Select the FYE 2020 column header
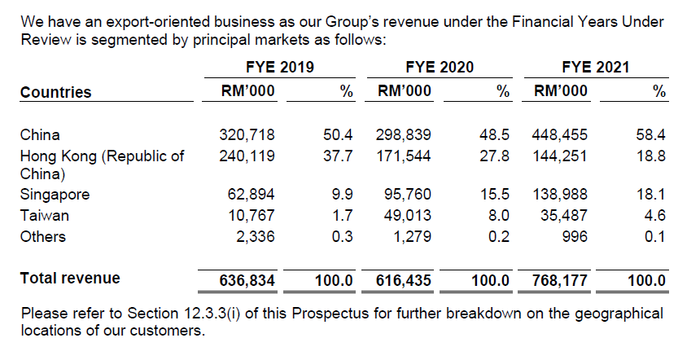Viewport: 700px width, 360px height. pos(440,68)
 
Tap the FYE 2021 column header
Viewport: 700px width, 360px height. pos(596,68)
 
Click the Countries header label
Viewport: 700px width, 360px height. pos(55,92)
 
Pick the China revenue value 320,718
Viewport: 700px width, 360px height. pos(247,135)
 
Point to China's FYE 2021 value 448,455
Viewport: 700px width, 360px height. pos(559,135)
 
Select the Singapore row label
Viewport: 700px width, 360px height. pos(55,195)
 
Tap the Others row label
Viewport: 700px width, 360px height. pos(43,237)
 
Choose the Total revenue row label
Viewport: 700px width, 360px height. pos(70,279)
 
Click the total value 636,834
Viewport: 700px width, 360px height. pos(247,281)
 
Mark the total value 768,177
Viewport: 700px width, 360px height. pos(559,281)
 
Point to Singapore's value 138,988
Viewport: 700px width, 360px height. pos(559,195)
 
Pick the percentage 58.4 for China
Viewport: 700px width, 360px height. pos(651,135)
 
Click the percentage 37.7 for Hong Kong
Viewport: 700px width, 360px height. pos(339,156)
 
